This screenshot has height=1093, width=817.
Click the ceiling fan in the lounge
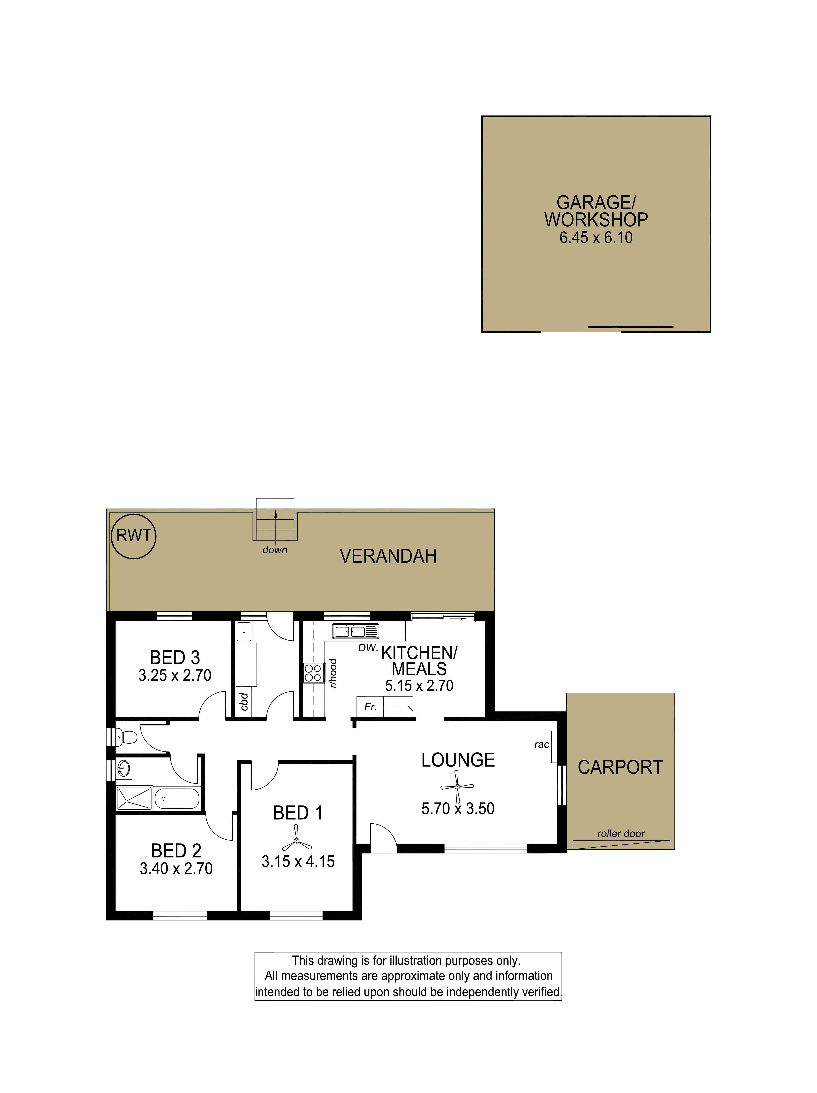pos(457,786)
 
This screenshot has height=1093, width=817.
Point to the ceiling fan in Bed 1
pos(297,841)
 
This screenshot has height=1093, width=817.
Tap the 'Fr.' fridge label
pos(370,707)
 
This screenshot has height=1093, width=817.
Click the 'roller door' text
pos(621,834)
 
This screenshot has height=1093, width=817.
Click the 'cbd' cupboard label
pos(244,702)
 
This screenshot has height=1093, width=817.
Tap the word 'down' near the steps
pos(275,550)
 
